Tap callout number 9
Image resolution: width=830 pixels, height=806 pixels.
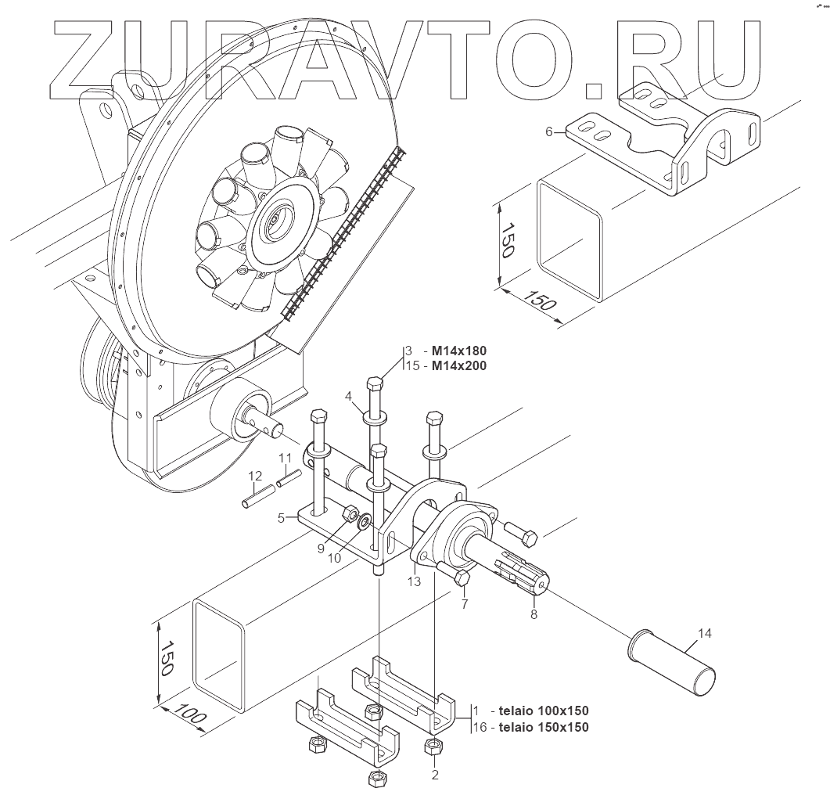coord(321,549)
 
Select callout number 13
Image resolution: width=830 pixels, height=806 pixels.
coord(415,581)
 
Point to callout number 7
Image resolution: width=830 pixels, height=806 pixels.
coord(464,603)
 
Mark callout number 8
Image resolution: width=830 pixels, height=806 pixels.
coord(534,614)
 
